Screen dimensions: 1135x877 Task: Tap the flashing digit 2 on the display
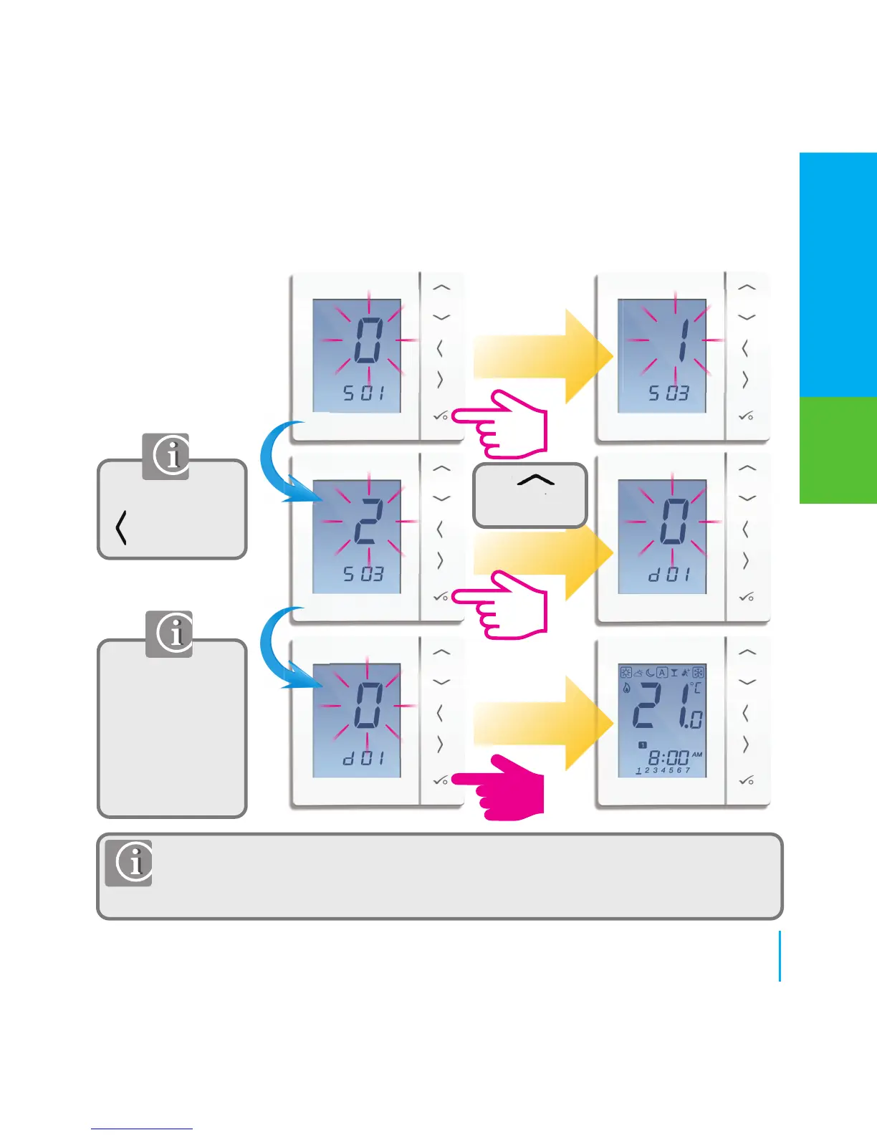368,521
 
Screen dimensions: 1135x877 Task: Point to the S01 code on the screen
363,393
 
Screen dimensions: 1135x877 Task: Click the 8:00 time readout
668,757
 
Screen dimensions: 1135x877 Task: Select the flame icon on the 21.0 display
627,689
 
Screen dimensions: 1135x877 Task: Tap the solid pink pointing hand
502,787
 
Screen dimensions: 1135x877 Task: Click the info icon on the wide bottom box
129,863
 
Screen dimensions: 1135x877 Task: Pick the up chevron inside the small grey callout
535,481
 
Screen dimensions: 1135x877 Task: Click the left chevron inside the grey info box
122,528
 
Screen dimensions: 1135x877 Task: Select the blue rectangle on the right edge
838,274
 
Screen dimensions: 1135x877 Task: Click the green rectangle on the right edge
838,450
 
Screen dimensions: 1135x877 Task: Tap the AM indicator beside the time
697,755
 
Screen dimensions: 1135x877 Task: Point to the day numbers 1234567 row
663,771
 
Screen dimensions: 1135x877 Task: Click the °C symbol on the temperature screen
696,688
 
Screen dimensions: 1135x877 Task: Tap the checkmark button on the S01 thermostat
441,416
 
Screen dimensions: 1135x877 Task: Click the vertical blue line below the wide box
780,956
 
